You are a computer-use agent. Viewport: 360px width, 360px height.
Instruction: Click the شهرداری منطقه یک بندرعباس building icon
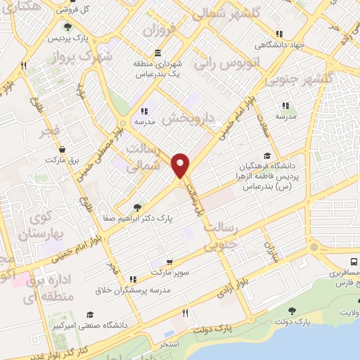click(x=155, y=53)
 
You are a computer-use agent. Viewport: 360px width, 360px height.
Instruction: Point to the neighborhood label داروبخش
click(x=191, y=118)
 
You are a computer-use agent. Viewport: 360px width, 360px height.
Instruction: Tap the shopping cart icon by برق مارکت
click(x=63, y=149)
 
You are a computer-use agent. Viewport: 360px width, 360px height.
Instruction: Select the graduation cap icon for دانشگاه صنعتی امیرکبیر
click(x=90, y=314)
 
